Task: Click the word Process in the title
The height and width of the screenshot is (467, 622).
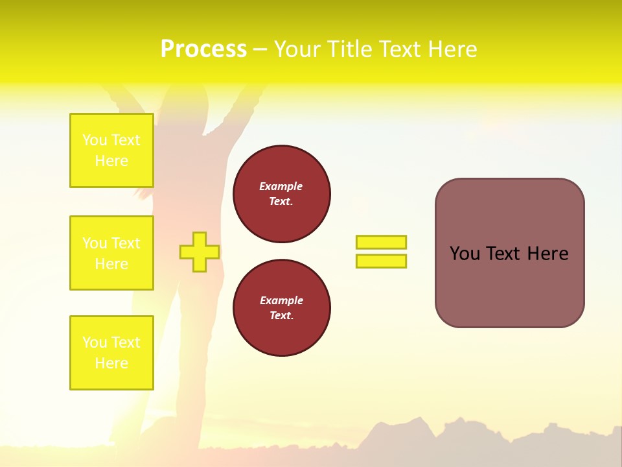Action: coord(203,49)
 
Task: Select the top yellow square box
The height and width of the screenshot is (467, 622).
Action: coord(111,150)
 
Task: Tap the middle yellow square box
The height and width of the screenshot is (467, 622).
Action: coord(111,253)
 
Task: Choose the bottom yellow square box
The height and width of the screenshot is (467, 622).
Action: coord(111,353)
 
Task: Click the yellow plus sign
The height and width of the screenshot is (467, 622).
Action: coord(200,252)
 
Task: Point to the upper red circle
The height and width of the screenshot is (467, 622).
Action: coord(281,194)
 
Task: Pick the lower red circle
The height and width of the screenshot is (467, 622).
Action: coord(281,308)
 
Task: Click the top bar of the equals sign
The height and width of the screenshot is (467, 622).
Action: coord(381,242)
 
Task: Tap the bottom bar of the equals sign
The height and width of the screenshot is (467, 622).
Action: coord(381,261)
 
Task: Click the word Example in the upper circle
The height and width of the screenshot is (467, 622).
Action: coord(281,186)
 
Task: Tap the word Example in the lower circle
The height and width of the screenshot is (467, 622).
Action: coord(281,300)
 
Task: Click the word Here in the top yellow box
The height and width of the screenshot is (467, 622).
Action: coord(111,161)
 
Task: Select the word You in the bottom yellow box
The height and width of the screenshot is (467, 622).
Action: coord(95,342)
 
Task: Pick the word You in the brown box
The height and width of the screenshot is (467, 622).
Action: coord(465,254)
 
